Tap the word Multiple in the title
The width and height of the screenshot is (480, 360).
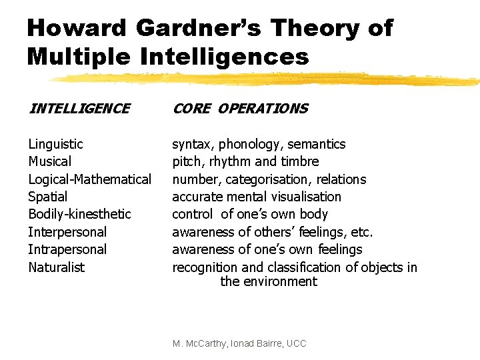point(78,57)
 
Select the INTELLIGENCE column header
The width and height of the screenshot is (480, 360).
point(79,109)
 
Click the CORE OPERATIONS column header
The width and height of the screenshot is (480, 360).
point(240,109)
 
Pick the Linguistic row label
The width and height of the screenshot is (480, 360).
point(55,144)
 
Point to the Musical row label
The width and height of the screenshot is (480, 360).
point(49,161)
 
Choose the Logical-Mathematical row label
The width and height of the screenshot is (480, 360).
point(89,179)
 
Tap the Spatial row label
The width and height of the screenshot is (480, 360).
point(47,197)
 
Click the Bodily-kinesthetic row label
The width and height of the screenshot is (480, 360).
point(79,214)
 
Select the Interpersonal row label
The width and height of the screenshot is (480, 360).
point(67,232)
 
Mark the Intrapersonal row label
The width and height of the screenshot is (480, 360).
point(67,249)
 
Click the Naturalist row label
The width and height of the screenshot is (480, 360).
point(56,267)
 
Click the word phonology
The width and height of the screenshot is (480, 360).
point(249,144)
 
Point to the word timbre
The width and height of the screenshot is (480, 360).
point(300,161)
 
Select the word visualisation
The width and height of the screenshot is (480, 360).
point(305,197)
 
